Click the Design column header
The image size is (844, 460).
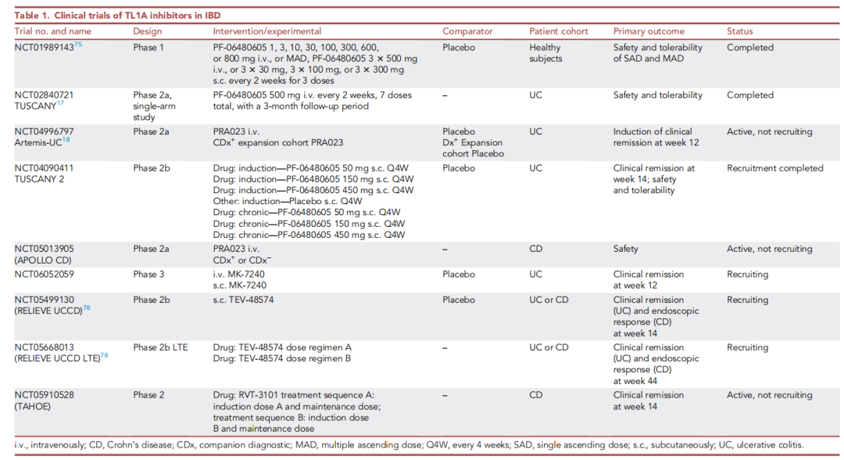tap(148, 31)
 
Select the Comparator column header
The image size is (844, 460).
tap(467, 31)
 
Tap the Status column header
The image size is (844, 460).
tap(739, 31)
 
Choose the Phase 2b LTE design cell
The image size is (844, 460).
tap(160, 348)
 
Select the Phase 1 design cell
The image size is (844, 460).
tap(150, 48)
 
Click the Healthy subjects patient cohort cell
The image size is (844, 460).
tap(545, 53)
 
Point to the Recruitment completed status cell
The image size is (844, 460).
tap(774, 168)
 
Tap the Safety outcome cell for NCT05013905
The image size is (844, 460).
tap(625, 250)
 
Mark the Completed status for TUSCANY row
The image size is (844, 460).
tap(749, 95)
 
